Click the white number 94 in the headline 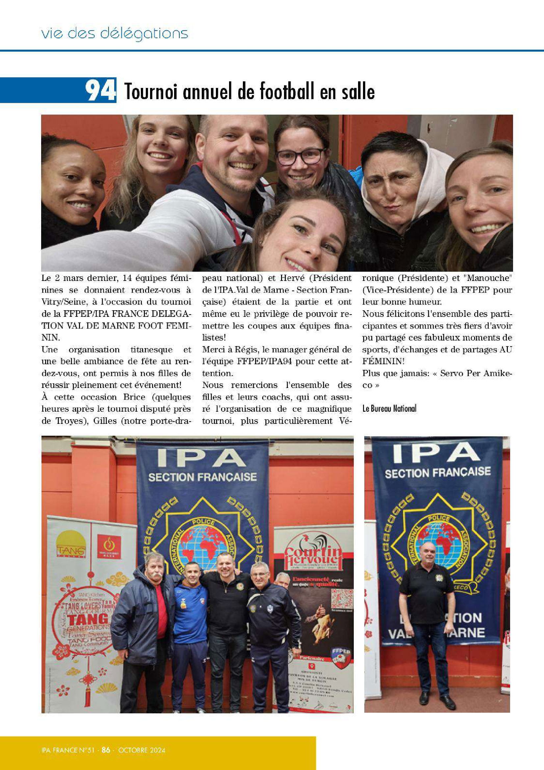[x=100, y=90]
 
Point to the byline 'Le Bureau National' [x=389, y=408]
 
